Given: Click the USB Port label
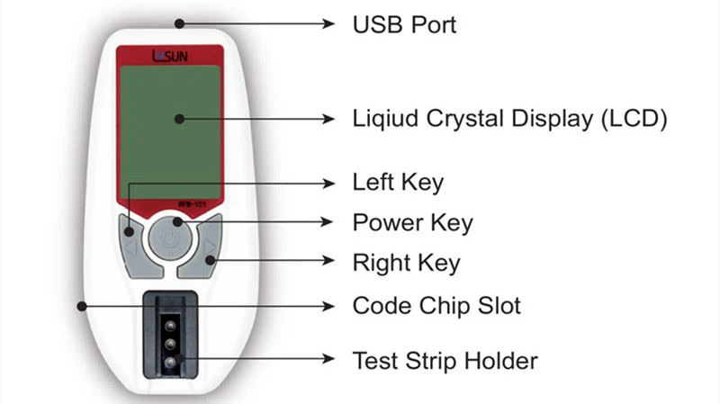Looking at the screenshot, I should point(404,24).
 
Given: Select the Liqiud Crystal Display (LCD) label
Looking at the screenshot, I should point(509,119).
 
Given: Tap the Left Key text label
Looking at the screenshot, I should point(398,183).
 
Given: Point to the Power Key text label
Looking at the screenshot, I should point(412,221).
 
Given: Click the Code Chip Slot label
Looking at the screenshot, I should point(436,306).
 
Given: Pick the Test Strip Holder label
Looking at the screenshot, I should point(445,361).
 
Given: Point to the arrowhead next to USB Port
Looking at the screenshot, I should point(332,24).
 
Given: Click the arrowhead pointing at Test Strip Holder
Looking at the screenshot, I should point(332,361).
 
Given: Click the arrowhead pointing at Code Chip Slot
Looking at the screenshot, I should point(332,306).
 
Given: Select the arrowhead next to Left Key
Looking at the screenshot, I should point(332,183).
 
